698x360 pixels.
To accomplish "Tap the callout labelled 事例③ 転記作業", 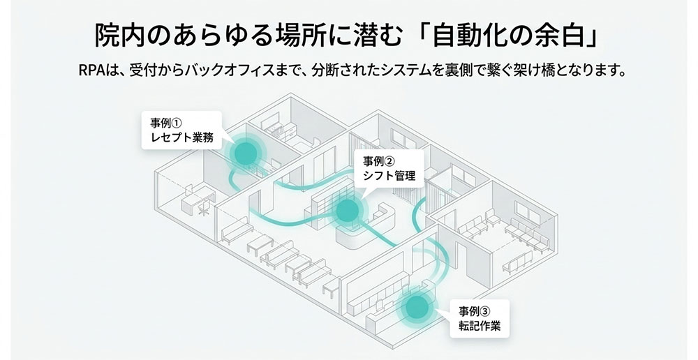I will point(480,318).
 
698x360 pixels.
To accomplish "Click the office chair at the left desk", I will point(202,207).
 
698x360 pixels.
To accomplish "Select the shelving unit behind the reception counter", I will point(322,203).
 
